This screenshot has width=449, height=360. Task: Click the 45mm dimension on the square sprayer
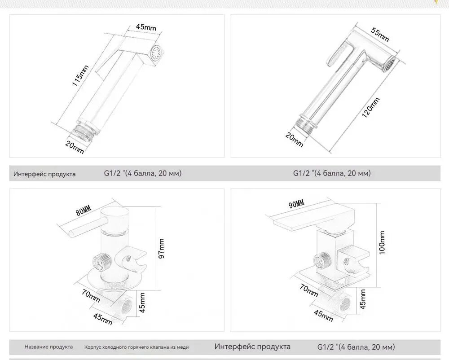tap(146, 27)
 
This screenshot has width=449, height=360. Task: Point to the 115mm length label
tap(80, 75)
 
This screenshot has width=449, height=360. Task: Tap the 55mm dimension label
tap(380, 35)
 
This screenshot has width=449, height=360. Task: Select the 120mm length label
tap(371, 107)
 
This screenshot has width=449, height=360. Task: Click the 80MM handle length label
tap(84, 211)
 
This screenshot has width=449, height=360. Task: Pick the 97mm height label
tap(162, 248)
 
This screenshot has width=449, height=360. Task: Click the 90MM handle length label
tap(296, 204)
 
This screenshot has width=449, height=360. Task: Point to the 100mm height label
tap(382, 243)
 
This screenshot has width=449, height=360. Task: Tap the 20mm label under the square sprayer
tap(75, 147)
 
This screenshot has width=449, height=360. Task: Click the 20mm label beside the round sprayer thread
tap(294, 140)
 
